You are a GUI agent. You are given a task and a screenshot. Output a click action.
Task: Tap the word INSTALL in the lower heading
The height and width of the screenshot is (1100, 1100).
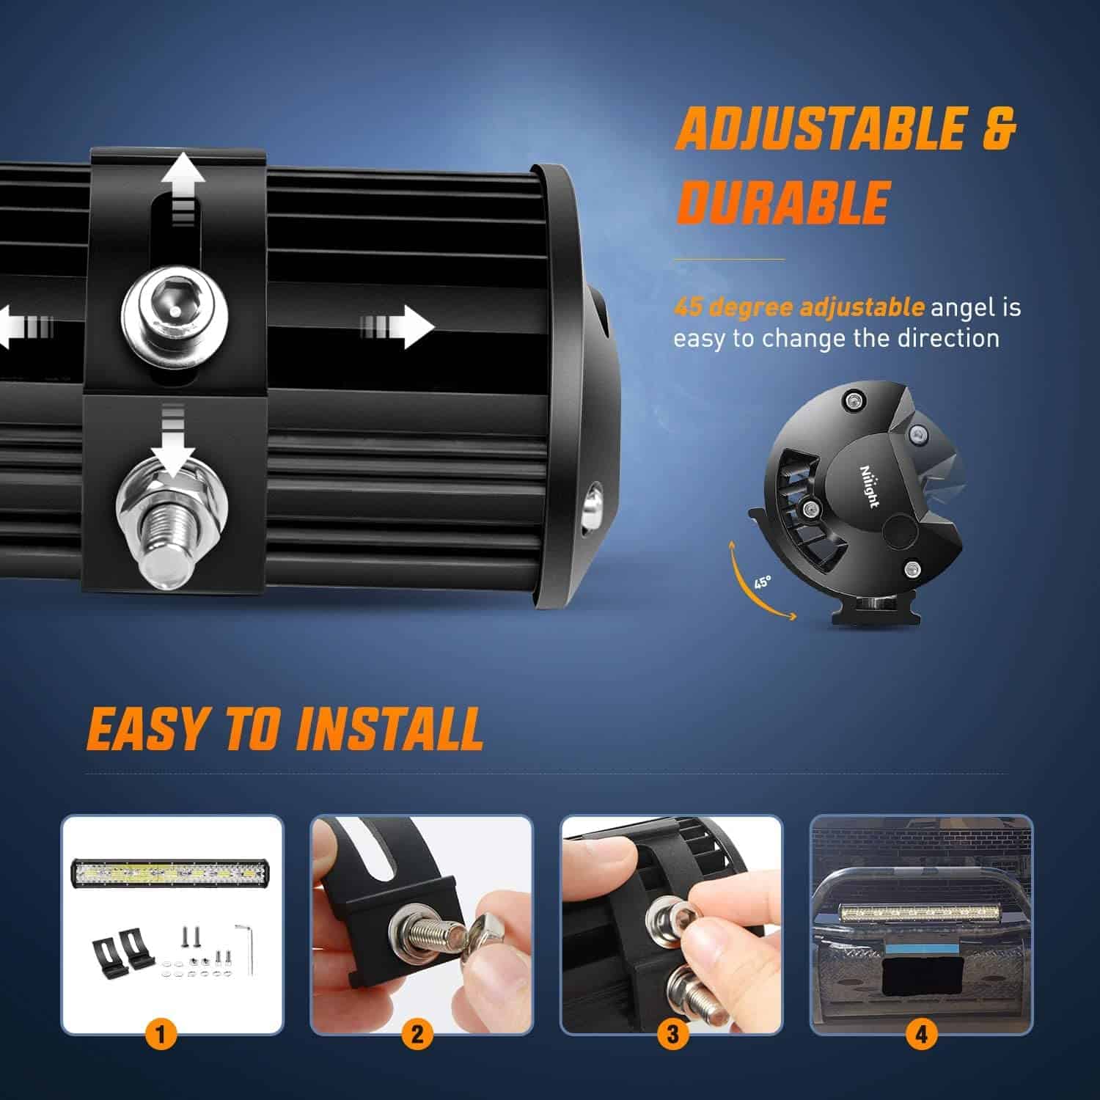pos(390,729)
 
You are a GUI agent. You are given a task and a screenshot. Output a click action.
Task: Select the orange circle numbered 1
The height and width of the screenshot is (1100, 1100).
pos(161,1035)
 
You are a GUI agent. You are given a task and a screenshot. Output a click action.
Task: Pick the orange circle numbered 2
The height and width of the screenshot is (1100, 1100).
pos(417,1035)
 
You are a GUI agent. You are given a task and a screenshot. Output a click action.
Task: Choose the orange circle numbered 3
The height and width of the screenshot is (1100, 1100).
pos(672,1035)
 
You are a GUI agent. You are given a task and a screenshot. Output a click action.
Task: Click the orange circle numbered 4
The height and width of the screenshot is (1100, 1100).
pos(921,1035)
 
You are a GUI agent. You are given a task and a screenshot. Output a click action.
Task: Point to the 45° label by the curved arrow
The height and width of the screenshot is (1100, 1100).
pos(763,582)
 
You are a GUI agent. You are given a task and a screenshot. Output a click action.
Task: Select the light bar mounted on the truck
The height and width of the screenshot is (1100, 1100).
pos(921,913)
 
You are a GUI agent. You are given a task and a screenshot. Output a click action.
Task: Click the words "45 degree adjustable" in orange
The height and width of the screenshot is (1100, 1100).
pos(799,307)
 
